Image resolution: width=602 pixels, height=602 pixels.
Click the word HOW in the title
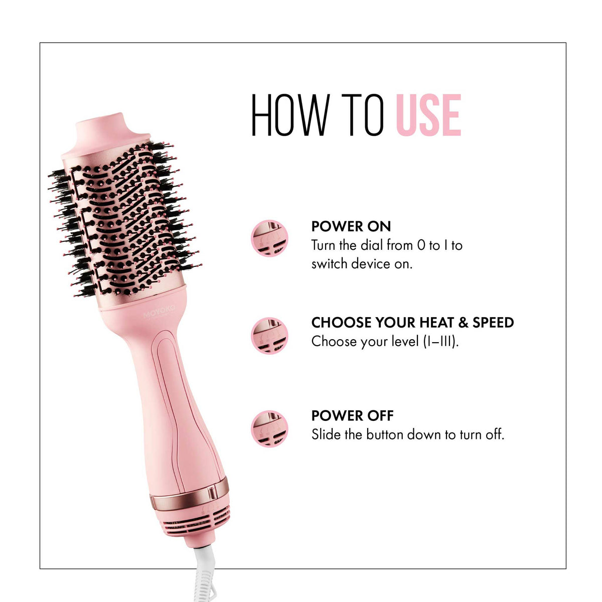click(289, 115)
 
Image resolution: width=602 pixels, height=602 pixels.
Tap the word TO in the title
click(360, 115)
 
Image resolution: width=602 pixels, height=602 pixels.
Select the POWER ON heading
click(351, 226)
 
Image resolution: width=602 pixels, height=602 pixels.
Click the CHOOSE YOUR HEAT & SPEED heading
click(412, 322)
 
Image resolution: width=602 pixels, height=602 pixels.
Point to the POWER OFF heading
click(352, 415)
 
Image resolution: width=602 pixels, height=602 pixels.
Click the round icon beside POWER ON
click(269, 238)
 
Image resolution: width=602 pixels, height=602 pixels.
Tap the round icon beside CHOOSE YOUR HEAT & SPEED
click(269, 336)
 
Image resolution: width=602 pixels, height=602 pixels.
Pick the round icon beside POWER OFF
click(269, 428)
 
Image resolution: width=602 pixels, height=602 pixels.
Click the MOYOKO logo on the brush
click(160, 313)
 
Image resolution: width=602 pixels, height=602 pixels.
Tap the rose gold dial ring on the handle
click(190, 496)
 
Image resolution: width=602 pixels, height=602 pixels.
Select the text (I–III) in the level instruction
click(440, 342)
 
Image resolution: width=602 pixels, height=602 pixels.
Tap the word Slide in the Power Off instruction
click(326, 434)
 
